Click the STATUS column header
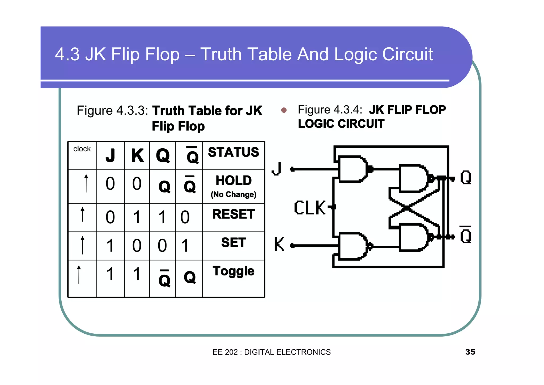click(x=233, y=152)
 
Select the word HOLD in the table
click(x=233, y=181)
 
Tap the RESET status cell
click(x=233, y=214)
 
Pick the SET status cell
click(x=233, y=242)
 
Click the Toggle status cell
click(x=233, y=271)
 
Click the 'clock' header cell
click(x=82, y=149)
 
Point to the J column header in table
click(x=110, y=156)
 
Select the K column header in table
click(x=137, y=156)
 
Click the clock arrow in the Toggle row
click(x=79, y=274)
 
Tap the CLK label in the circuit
click(x=310, y=208)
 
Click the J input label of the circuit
click(x=277, y=169)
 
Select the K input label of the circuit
click(x=279, y=244)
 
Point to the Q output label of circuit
click(x=466, y=178)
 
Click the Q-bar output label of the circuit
click(x=465, y=235)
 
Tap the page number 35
click(x=470, y=352)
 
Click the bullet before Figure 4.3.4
click(x=284, y=110)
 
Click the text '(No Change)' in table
click(x=233, y=195)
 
